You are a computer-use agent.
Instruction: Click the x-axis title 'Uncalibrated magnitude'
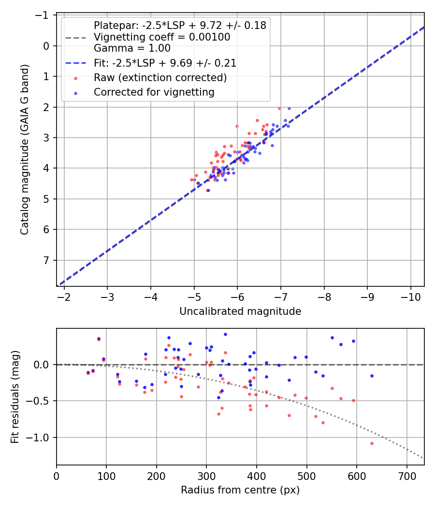pos(240,311)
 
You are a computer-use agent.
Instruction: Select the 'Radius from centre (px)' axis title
pos(240,490)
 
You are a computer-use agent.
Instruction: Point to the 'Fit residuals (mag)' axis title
pos(14,396)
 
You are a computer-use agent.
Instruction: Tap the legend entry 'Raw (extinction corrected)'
pos(160,78)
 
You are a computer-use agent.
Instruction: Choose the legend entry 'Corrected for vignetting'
pos(154,92)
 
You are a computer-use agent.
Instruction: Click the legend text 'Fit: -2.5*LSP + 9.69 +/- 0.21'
pos(165,63)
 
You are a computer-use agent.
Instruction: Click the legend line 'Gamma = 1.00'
pos(132,48)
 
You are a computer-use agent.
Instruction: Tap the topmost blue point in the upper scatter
pos(289,108)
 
